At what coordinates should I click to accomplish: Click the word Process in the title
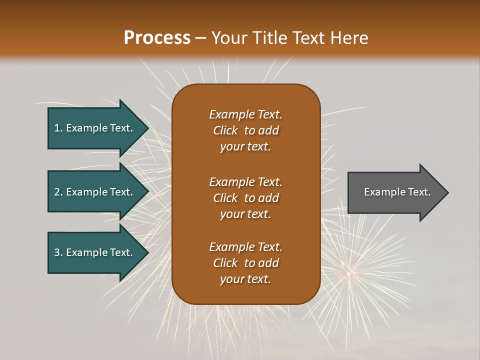coord(157,38)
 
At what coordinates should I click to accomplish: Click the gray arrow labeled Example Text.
coord(395,192)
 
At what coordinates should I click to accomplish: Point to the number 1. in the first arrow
coord(58,128)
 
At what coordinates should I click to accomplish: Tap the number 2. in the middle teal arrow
coord(58,192)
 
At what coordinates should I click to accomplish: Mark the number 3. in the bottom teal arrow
coord(58,252)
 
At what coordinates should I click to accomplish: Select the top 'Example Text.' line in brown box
coord(245,114)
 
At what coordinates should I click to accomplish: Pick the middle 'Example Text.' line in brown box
coord(245,181)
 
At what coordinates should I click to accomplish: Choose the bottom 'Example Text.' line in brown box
coord(245,247)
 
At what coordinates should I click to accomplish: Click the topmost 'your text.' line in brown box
coord(245,147)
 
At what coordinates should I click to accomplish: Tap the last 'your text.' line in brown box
coord(245,279)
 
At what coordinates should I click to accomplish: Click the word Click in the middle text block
coord(225,198)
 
